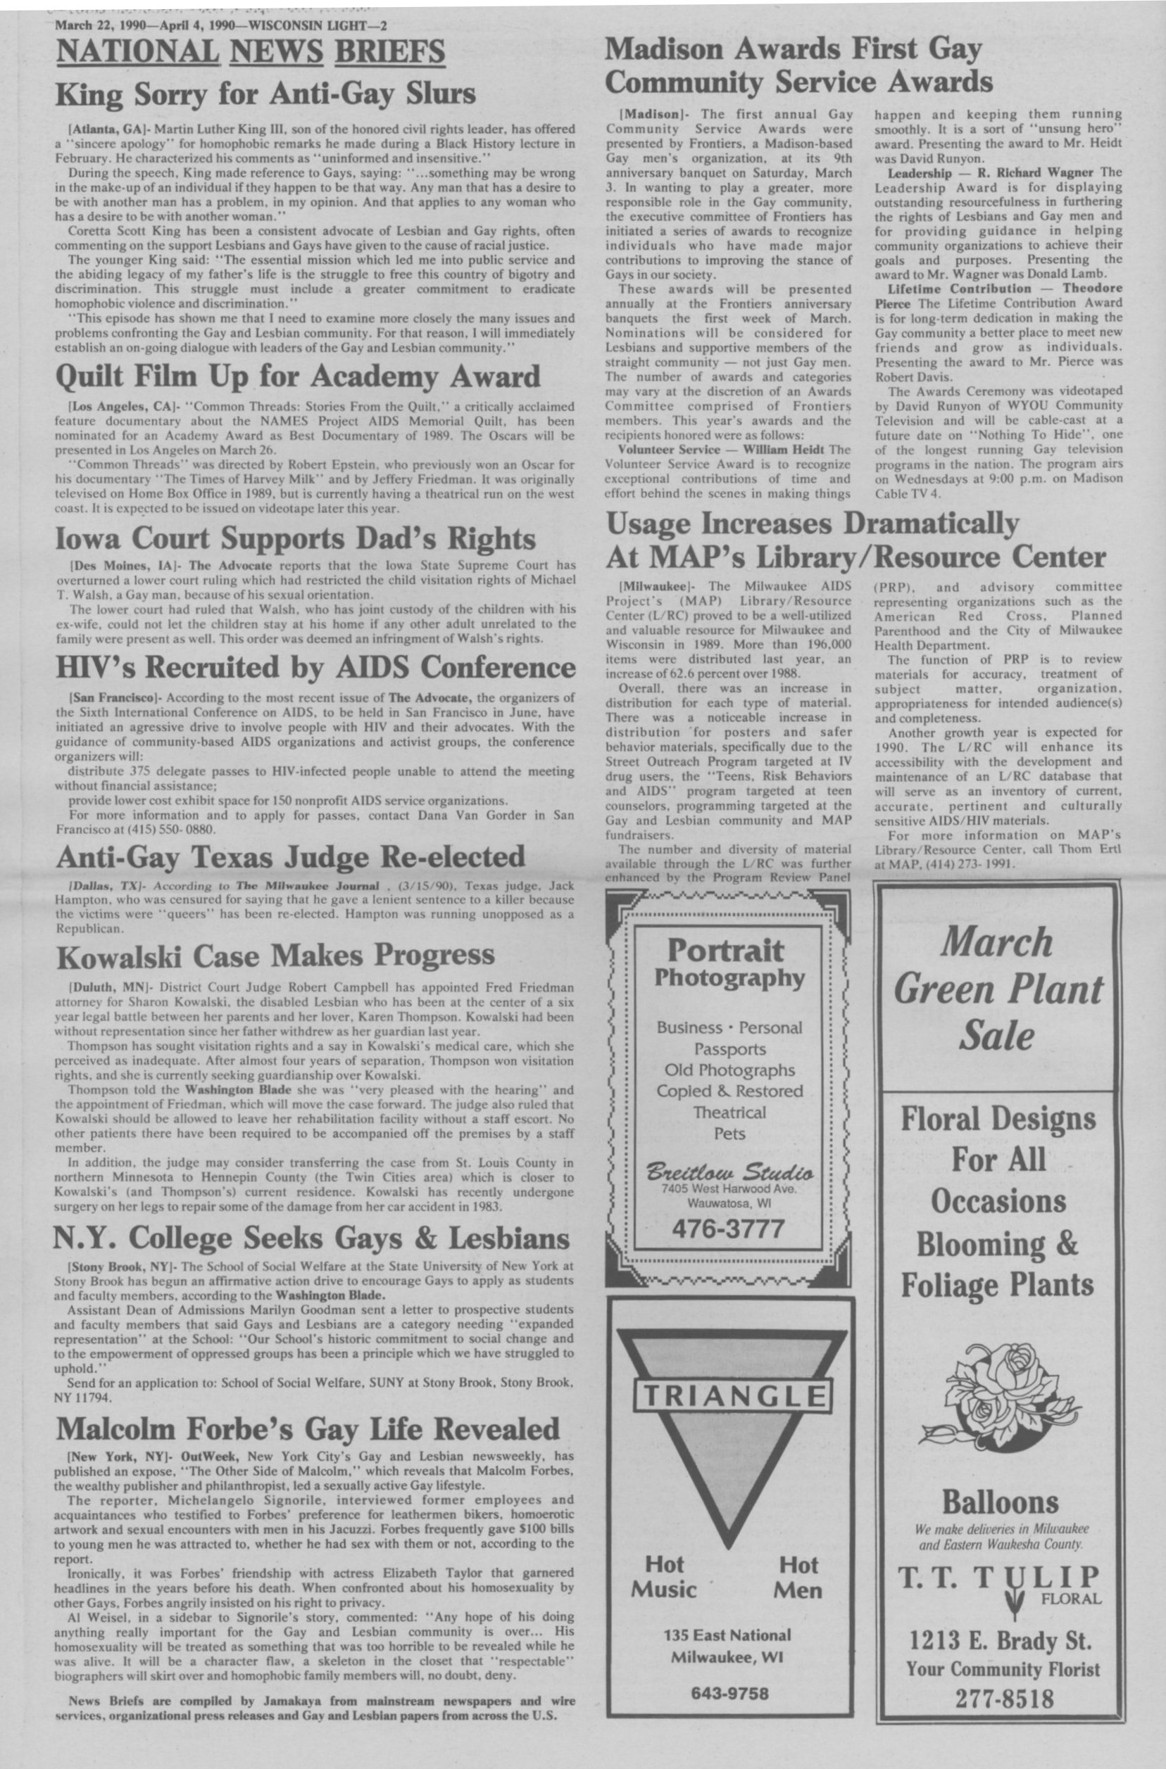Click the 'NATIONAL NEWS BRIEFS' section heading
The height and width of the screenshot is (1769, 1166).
pyautogui.click(x=251, y=53)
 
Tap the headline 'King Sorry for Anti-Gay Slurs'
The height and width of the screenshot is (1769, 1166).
pyautogui.click(x=265, y=94)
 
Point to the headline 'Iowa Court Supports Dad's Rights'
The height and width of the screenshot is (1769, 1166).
pyautogui.click(x=295, y=539)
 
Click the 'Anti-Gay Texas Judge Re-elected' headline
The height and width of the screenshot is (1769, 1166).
pyautogui.click(x=290, y=857)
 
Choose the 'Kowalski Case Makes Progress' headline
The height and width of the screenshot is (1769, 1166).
pyautogui.click(x=275, y=955)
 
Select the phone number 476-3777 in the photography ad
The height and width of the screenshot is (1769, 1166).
pyautogui.click(x=728, y=1229)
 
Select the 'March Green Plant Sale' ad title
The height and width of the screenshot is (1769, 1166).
pyautogui.click(x=998, y=989)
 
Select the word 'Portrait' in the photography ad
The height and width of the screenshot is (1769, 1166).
pyautogui.click(x=725, y=951)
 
